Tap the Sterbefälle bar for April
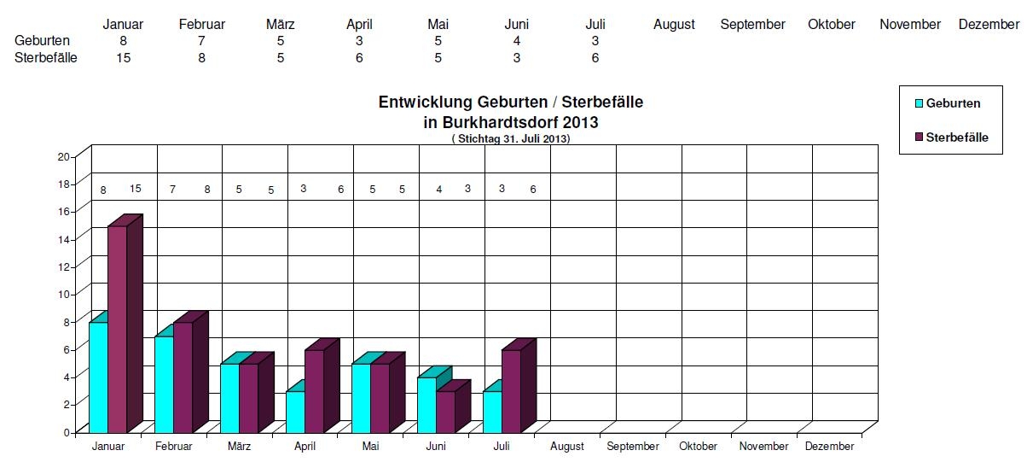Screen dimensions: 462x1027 [314, 390]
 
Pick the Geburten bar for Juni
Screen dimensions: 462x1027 [426, 405]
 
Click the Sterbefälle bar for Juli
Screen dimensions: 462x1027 [511, 390]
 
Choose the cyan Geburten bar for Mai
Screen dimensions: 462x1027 [361, 398]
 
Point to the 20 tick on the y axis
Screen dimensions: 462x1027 [63, 156]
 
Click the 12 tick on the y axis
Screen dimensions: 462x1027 [63, 266]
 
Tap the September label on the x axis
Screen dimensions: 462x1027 [633, 447]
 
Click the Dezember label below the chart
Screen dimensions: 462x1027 [830, 447]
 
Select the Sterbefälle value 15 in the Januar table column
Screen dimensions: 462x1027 [124, 58]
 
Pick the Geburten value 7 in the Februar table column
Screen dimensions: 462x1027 [201, 41]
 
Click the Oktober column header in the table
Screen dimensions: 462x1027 [831, 25]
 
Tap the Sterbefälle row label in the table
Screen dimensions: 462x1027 [46, 58]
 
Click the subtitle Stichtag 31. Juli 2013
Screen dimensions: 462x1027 [510, 138]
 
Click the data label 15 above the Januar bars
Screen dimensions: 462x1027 [136, 189]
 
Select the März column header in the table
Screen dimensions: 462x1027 [280, 25]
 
